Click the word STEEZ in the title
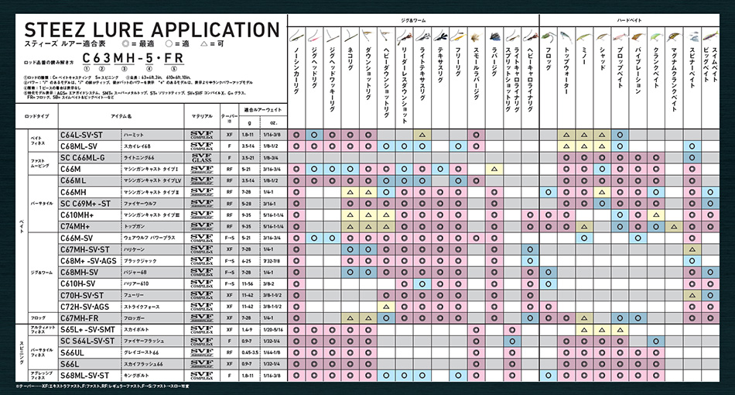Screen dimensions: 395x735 (60, 30)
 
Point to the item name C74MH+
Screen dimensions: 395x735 (76, 225)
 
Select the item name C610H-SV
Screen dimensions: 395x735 (80, 283)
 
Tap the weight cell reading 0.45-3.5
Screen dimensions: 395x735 (249, 352)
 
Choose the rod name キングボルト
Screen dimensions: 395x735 (136, 376)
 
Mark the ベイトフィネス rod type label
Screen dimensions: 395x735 (38, 140)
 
